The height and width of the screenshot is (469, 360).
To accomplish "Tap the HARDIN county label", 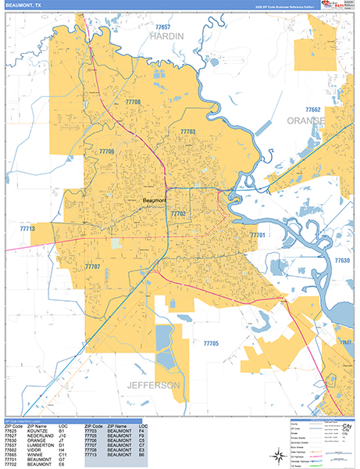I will click(x=167, y=36).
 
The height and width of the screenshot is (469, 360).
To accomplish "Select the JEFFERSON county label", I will click(x=154, y=385).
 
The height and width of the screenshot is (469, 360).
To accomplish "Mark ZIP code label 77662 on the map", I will click(x=312, y=110).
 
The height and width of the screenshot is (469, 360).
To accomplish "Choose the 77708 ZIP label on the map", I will click(x=132, y=102).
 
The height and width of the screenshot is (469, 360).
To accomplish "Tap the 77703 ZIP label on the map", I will click(x=189, y=132).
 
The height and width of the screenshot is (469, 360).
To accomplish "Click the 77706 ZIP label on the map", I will click(x=107, y=151).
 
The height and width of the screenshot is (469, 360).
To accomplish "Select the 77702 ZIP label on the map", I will click(x=179, y=213).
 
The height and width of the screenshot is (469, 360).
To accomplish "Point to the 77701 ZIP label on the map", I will click(x=258, y=234).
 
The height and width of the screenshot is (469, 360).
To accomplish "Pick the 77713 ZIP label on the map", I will click(x=28, y=228).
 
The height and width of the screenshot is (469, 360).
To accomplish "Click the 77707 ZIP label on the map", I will click(x=93, y=267).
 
